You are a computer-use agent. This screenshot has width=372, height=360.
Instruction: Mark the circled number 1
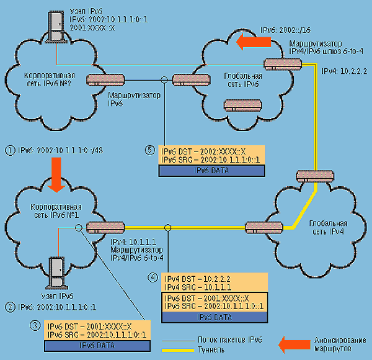[x=9, y=150]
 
